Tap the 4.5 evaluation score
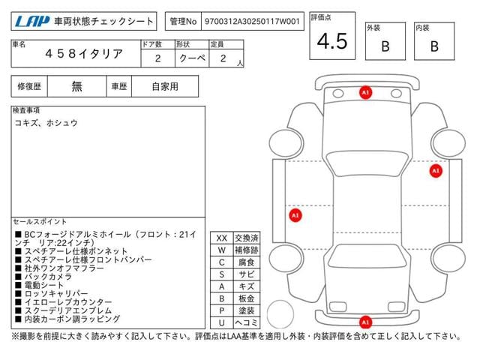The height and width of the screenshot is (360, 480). coord(332,42)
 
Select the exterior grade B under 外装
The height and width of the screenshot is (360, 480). coord(385,46)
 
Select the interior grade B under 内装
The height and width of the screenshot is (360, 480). coord(433,46)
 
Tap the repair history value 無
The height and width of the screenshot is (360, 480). coord(76,86)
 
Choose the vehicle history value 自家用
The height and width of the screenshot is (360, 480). coord(165,86)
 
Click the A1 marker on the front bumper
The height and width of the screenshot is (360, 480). coord(365,92)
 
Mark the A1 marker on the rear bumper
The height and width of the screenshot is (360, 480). coord(365,322)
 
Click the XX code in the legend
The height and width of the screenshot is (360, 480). coord(221,238)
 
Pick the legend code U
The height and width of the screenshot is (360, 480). coord(221,322)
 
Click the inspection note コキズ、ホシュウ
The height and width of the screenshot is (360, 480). coord(46,122)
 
